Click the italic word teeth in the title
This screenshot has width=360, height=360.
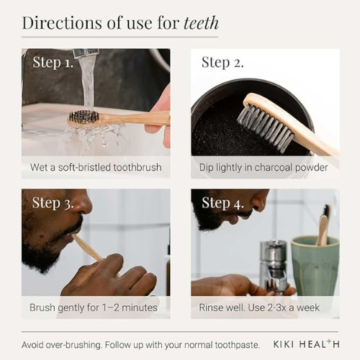(x=201, y=23)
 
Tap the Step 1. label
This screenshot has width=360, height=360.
(x=53, y=63)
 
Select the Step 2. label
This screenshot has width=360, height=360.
(x=222, y=63)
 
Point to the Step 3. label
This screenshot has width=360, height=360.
(x=53, y=203)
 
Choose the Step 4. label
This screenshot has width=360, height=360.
(x=222, y=203)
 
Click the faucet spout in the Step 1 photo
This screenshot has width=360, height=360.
(x=86, y=53)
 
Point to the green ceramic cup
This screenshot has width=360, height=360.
(x=315, y=265)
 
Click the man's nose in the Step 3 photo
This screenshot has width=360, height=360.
(x=83, y=204)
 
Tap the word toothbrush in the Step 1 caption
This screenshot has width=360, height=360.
(x=138, y=167)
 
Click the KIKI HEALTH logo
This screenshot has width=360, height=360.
(x=306, y=344)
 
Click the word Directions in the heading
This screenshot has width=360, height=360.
(x=63, y=23)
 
